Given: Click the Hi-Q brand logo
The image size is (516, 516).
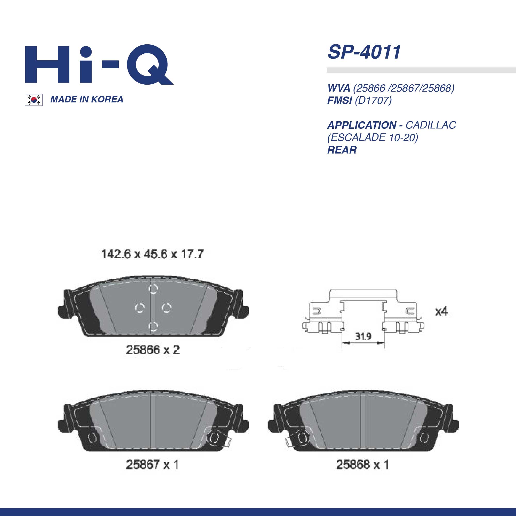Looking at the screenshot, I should (99, 65).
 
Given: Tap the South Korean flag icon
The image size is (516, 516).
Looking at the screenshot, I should (34, 100).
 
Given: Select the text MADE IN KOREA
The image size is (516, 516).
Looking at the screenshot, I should (86, 99).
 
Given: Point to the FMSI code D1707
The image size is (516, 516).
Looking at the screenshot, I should (373, 100).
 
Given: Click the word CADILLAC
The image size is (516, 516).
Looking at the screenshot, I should (431, 125).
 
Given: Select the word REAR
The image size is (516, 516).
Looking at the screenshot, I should (342, 150).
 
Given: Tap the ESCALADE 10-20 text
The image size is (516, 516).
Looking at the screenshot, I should (373, 137).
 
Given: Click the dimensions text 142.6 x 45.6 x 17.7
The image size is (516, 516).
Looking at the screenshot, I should (152, 254).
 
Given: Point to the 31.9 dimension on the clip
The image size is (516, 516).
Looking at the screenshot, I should (363, 336).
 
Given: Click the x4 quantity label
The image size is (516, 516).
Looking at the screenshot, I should (441, 311).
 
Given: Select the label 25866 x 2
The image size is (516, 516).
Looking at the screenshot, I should (152, 350).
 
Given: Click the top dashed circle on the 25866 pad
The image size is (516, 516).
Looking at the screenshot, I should (153, 289).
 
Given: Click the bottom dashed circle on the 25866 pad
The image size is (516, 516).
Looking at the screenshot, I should (153, 326).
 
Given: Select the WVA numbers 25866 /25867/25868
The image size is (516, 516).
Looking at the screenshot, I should (404, 88).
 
